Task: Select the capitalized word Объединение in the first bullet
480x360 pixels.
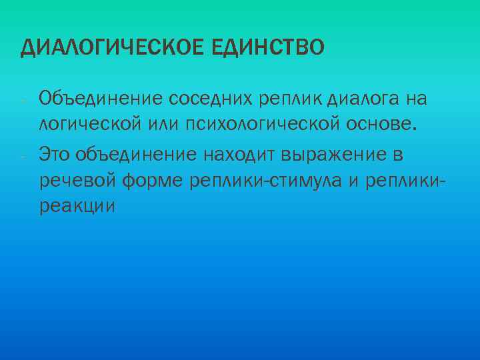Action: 101,99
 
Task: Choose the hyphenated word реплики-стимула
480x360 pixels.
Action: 267,181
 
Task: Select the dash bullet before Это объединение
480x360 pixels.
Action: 23,155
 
